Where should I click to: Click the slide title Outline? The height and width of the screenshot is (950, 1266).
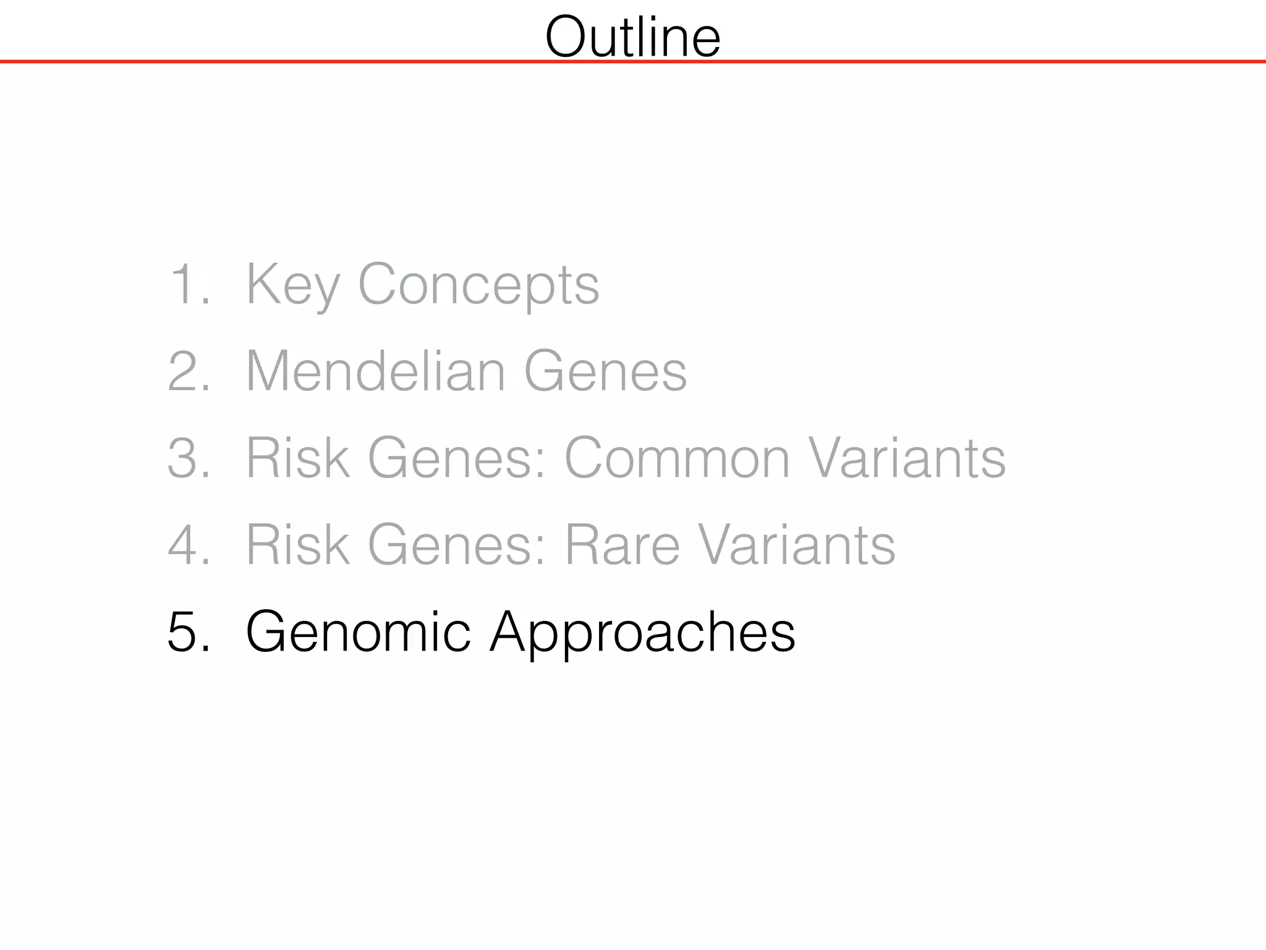[632, 37]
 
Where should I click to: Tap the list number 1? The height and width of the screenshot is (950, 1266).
[189, 285]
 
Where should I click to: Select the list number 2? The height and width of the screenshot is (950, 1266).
[189, 371]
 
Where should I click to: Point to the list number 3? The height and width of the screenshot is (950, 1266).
[189, 458]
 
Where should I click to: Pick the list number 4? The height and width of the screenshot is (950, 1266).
[189, 545]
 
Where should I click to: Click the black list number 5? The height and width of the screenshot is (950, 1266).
[189, 631]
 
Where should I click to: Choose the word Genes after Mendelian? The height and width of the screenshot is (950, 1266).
[605, 371]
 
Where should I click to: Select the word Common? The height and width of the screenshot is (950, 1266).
[678, 458]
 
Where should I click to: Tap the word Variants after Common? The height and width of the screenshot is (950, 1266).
[907, 458]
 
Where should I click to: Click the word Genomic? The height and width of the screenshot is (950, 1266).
[359, 631]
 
